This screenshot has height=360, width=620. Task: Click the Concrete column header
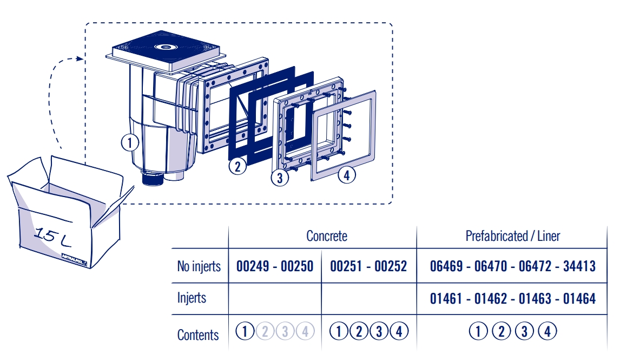click(326, 236)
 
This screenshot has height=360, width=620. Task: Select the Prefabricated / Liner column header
click(512, 236)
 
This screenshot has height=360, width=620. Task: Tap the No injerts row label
click(199, 266)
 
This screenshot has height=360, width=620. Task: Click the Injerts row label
click(191, 298)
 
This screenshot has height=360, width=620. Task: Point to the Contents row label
click(198, 335)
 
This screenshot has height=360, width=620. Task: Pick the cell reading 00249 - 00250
click(275, 266)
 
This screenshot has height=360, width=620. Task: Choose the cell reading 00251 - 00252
click(368, 266)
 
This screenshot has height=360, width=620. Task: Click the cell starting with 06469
click(512, 266)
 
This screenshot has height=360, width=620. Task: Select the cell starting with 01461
click(512, 298)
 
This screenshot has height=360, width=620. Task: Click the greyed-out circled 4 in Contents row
click(305, 331)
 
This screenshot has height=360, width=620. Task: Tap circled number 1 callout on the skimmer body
click(130, 143)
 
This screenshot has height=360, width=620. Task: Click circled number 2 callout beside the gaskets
click(237, 166)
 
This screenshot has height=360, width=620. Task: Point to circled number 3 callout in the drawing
click(279, 178)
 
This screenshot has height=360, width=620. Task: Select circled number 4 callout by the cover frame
click(347, 175)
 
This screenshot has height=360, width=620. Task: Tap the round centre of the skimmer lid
click(166, 47)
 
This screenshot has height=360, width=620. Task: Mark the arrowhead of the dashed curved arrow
click(81, 58)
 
